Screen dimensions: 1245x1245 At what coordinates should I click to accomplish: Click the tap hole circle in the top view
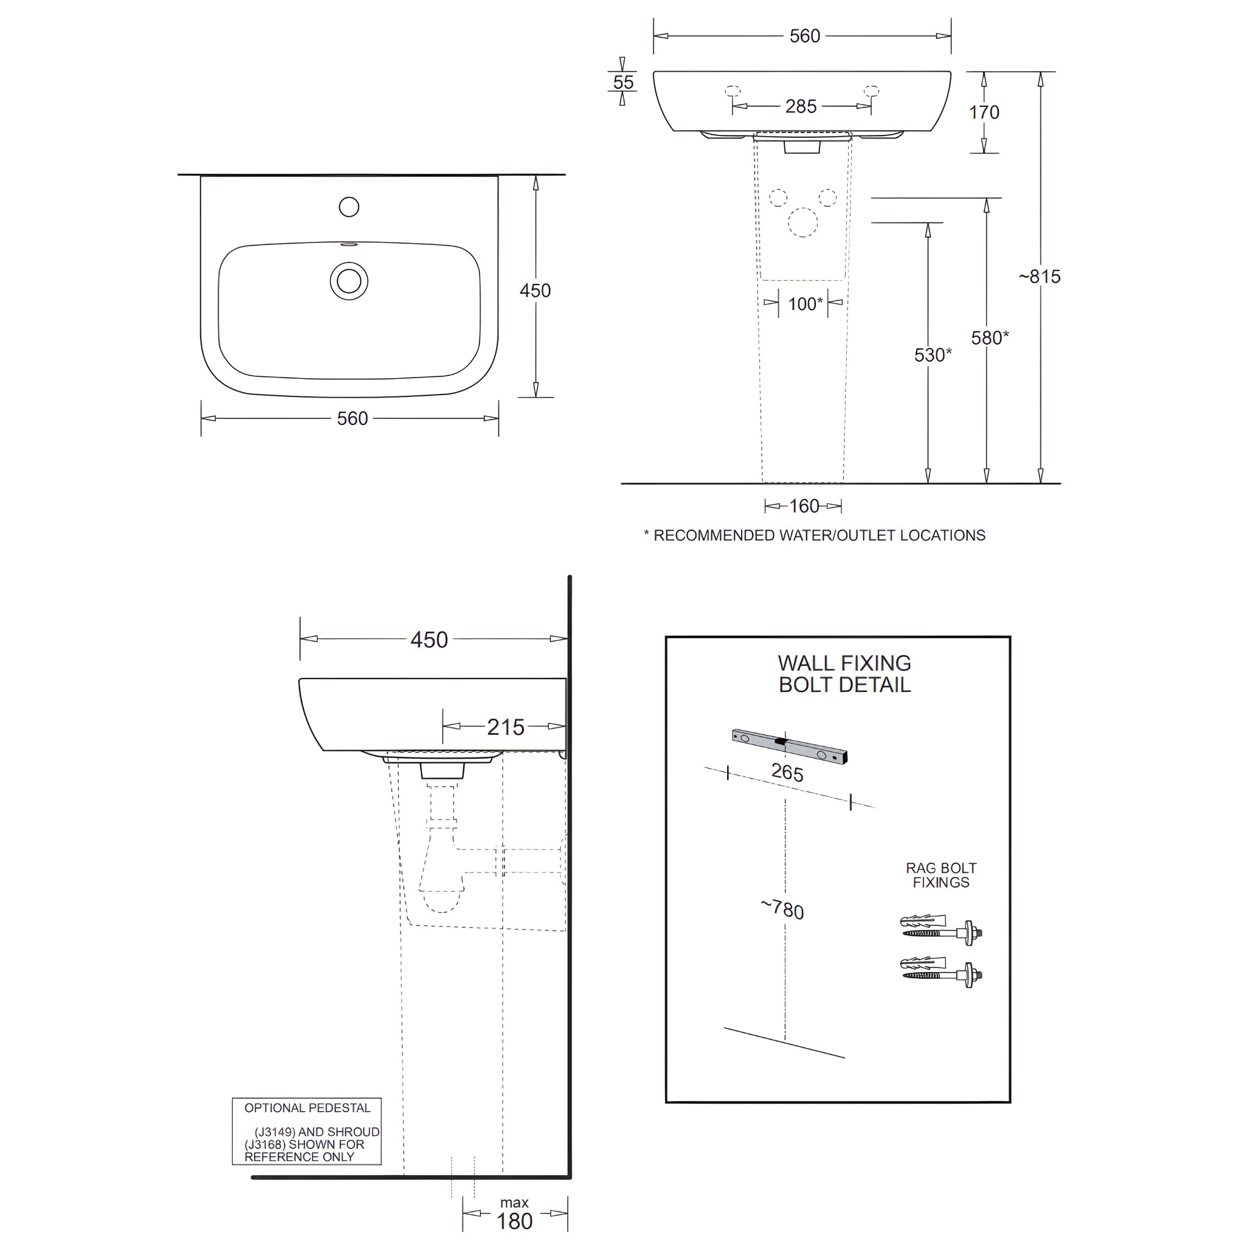click(x=348, y=207)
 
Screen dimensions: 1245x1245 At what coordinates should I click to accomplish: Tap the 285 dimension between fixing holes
click(x=801, y=106)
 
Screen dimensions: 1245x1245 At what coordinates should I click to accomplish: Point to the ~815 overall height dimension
click(x=1039, y=277)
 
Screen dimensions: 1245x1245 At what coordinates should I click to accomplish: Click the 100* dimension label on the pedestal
click(x=805, y=303)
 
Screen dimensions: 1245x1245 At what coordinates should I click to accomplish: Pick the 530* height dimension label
click(x=932, y=354)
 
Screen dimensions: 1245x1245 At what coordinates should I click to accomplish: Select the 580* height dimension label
click(x=989, y=337)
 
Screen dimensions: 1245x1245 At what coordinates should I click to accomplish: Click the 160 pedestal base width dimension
click(x=804, y=506)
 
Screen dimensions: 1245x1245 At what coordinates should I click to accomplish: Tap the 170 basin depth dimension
click(x=984, y=112)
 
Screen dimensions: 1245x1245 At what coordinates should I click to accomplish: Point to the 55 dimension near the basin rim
click(x=623, y=83)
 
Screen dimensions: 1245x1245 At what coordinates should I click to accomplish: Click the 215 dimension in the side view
click(x=505, y=727)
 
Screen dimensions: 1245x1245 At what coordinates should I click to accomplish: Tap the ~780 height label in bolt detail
click(x=782, y=909)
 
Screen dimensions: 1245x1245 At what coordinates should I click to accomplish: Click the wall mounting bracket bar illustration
click(x=790, y=747)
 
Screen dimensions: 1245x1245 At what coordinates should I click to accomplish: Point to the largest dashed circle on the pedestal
click(x=802, y=222)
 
